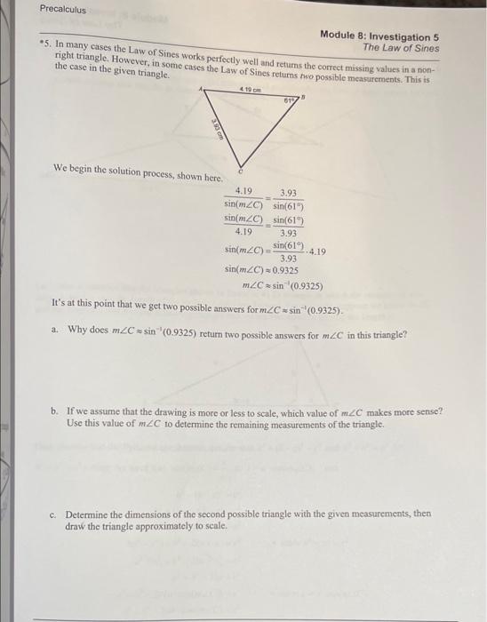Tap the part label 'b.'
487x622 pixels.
(x=55, y=411)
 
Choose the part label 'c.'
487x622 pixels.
(x=55, y=514)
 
